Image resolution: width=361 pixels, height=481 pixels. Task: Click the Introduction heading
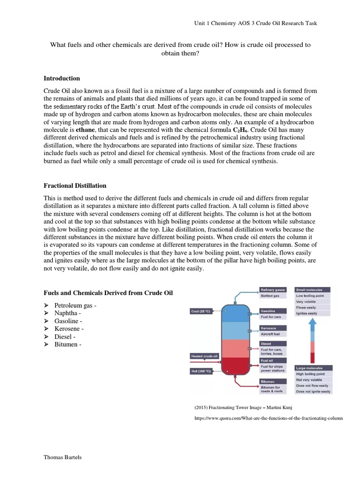tap(62, 78)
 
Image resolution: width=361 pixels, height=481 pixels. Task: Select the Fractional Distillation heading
tap(75, 186)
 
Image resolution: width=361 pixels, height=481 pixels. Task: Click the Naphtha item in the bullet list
tap(68, 313)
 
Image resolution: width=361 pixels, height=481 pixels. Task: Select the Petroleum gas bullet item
tap(75, 305)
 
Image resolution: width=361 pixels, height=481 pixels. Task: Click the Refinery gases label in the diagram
tap(273, 290)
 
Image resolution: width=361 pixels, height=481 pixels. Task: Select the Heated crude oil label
tap(204, 356)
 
